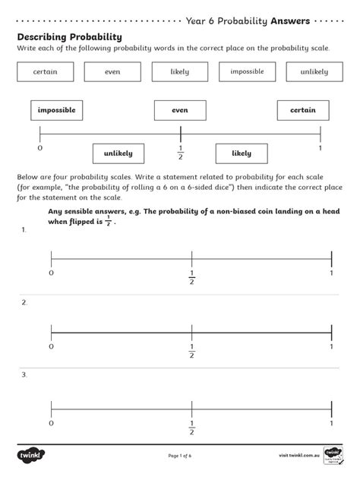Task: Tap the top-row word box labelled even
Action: (112, 72)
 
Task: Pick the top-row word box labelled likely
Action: (180, 72)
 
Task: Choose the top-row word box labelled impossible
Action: (247, 71)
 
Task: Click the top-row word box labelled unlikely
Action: (314, 72)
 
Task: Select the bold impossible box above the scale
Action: (57, 111)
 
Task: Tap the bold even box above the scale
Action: (180, 111)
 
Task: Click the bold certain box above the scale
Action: (303, 111)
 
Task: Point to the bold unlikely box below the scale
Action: (118, 153)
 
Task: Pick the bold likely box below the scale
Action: (242, 153)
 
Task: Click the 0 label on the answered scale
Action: (39, 147)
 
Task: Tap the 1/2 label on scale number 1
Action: (191, 277)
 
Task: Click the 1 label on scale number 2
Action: (332, 346)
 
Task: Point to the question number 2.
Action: (24, 302)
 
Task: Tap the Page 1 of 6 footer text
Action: (180, 456)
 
